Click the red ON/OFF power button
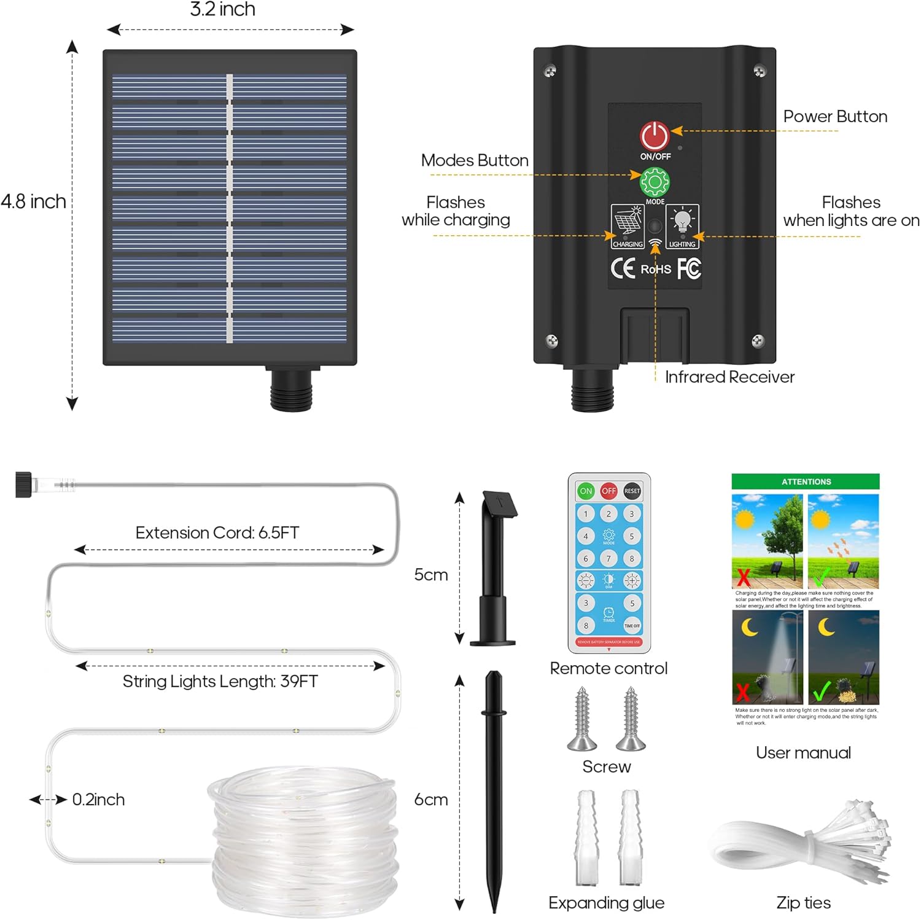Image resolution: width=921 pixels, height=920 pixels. tap(655, 136)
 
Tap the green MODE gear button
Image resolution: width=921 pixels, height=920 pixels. tap(655, 182)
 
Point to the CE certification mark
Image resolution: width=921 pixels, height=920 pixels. tap(623, 268)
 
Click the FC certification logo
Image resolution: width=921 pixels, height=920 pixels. tap(689, 268)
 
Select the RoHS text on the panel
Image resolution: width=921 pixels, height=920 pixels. tap(656, 269)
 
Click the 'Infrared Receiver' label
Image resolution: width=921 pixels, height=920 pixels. tap(729, 376)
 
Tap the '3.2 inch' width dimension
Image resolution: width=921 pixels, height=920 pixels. tap(222, 10)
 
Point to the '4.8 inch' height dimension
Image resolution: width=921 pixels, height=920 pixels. tap(33, 201)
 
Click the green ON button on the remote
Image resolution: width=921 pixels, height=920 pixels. tap(586, 491)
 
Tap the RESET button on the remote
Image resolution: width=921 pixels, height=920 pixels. tap(632, 491)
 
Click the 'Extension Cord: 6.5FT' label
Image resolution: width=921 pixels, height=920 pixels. tap(217, 532)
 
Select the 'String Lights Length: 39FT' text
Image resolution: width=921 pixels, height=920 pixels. tap(220, 681)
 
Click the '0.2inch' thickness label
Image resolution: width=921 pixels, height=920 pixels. tap(98, 800)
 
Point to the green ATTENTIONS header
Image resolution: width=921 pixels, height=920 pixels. tap(806, 481)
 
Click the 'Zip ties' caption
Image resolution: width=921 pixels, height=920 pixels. tap(803, 902)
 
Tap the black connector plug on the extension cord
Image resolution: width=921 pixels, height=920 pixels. tap(23, 484)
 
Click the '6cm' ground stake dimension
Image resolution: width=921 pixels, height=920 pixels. tap(431, 800)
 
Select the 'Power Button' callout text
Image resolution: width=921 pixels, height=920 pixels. tap(835, 117)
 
